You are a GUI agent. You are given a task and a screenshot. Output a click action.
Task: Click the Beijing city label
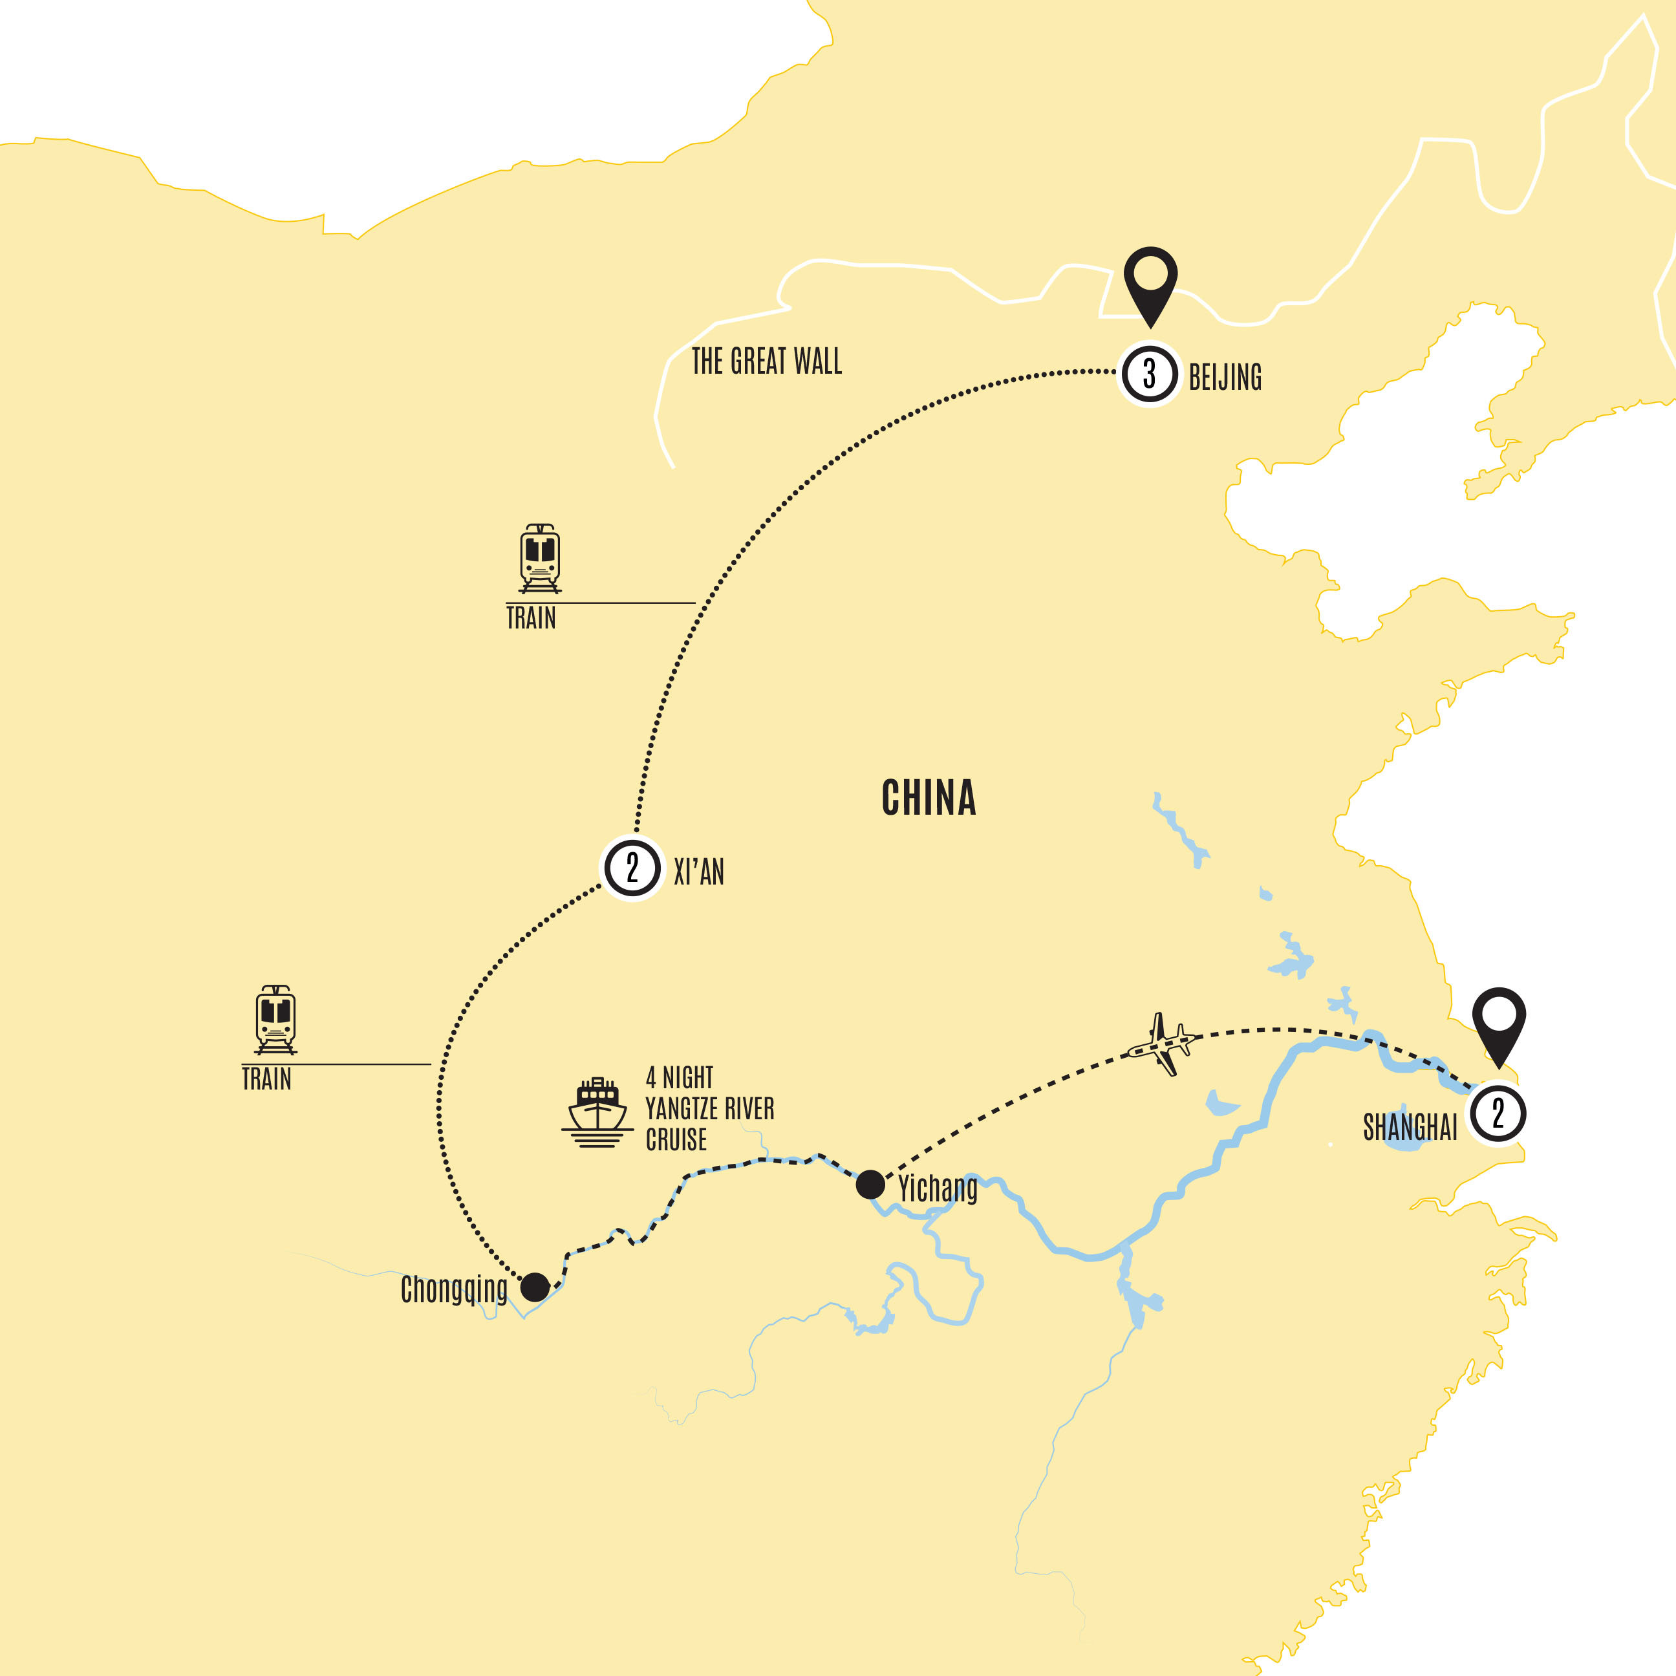pos(1224,378)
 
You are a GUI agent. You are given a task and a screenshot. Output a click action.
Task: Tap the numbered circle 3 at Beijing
pos(1150,374)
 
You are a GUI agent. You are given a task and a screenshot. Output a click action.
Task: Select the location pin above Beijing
pos(1150,282)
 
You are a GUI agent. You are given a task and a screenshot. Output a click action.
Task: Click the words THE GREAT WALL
pos(766,361)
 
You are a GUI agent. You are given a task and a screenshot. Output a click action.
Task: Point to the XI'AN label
pos(698,872)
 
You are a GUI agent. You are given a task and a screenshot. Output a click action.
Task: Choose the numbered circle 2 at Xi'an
pos(632,868)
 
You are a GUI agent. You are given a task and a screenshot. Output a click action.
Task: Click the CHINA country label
pos(929,798)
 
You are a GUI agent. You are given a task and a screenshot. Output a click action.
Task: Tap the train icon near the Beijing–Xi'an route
pos(539,558)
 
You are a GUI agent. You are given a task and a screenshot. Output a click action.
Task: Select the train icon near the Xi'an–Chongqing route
pos(276,1019)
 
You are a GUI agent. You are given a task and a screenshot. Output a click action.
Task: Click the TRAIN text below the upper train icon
pos(531,619)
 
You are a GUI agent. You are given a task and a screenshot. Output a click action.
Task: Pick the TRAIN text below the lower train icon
pos(266,1079)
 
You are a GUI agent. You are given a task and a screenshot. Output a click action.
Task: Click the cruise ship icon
pos(597,1113)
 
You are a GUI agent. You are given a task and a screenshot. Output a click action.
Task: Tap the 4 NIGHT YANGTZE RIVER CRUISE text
pos(709,1109)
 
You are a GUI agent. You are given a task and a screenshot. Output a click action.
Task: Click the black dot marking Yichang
pos(870,1184)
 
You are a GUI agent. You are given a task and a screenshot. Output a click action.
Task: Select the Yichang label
pos(938,1189)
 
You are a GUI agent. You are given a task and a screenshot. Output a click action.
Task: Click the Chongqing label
pos(454,1290)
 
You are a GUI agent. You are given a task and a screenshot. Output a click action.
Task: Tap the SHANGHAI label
pos(1410,1127)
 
